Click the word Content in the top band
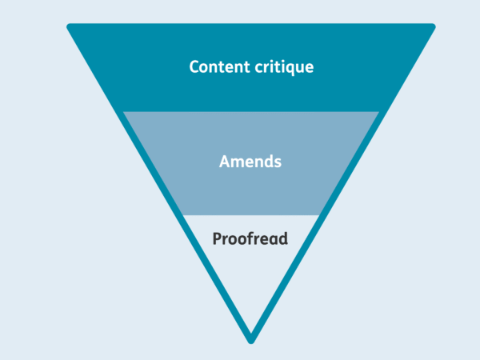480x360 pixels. click(x=217, y=66)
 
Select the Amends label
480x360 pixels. click(x=250, y=161)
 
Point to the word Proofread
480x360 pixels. click(x=250, y=238)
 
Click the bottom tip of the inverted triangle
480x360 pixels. click(x=250, y=338)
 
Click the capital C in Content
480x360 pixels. click(x=194, y=66)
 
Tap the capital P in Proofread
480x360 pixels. click(x=217, y=238)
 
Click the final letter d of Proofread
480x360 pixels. click(x=283, y=238)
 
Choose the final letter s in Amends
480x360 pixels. click(x=278, y=162)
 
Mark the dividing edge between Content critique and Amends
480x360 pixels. click(x=250, y=111)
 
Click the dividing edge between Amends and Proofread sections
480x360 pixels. click(x=250, y=215)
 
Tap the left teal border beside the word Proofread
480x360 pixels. click(x=189, y=238)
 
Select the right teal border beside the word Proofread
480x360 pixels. click(x=313, y=238)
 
